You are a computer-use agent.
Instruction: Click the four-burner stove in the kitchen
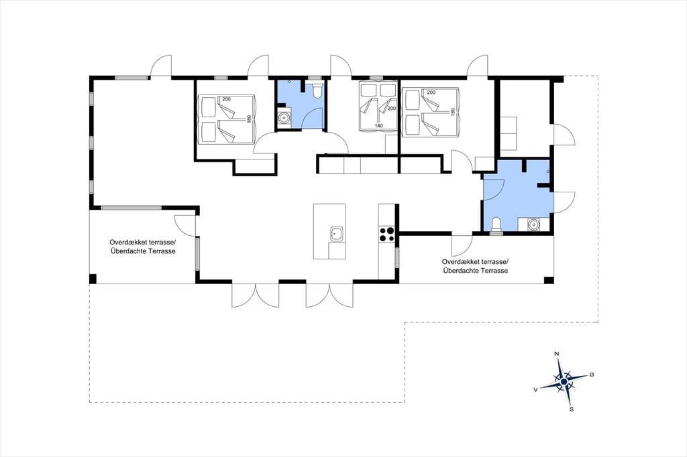click(387, 234)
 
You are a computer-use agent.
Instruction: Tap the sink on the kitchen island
click(336, 234)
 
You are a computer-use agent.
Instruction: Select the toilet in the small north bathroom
click(317, 90)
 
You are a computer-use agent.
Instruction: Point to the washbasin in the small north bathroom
click(284, 118)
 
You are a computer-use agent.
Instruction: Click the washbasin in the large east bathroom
click(533, 224)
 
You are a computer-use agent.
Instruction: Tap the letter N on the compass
click(556, 353)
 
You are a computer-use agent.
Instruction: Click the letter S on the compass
click(572, 409)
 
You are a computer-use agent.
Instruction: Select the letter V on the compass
click(535, 389)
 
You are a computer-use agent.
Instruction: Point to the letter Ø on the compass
click(592, 375)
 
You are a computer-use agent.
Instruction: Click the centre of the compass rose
click(564, 382)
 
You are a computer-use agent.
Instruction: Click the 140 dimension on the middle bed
click(378, 125)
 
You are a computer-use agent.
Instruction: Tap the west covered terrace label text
click(143, 247)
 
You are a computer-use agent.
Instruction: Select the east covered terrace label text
click(476, 266)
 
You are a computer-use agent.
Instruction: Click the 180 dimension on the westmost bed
click(249, 119)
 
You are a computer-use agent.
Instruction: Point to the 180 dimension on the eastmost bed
click(453, 112)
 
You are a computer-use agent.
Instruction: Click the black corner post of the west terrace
click(93, 279)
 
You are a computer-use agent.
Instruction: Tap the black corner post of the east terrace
click(548, 280)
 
